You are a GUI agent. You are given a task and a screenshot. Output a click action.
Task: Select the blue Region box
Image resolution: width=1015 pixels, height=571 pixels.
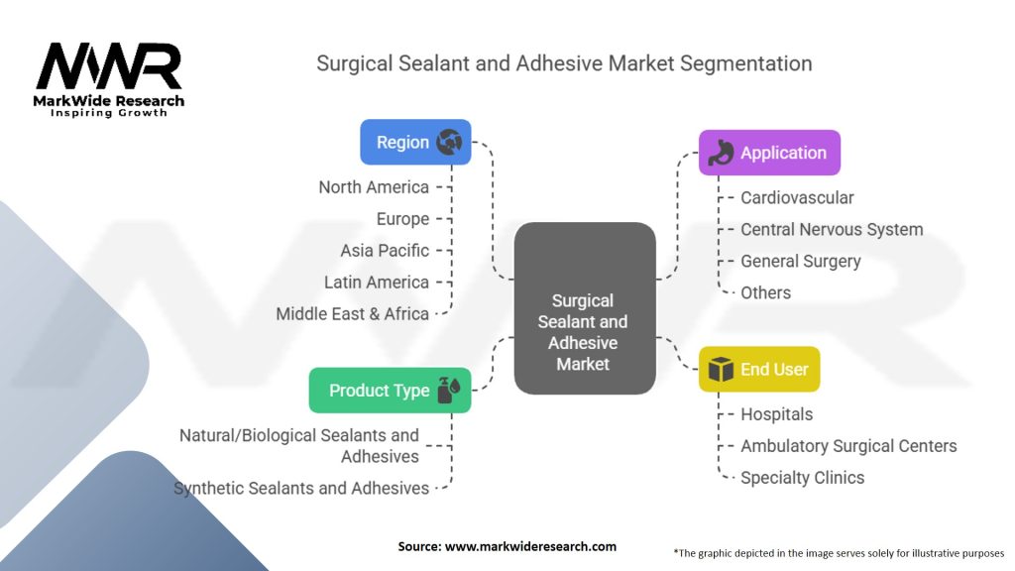pos(414,142)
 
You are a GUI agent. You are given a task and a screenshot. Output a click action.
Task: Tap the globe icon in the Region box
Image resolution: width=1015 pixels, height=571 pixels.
pos(449,142)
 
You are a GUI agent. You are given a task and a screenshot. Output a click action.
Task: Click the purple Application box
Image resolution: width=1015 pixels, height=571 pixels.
pos(769,153)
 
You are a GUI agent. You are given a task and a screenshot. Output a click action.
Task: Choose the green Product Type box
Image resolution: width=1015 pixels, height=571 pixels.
pos(390,390)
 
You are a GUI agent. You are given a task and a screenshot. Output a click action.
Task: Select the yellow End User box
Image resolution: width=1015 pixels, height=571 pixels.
pos(759,369)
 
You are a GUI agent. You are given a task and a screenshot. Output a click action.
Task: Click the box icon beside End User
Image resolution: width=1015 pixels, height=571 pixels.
pos(720,369)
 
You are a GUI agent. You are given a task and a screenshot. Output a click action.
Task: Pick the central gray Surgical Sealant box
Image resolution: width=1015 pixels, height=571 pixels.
pos(584,307)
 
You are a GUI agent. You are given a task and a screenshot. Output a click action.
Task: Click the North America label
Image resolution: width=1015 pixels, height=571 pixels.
pos(374,187)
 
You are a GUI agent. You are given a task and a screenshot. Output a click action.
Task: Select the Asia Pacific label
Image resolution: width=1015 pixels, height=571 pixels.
pos(385,251)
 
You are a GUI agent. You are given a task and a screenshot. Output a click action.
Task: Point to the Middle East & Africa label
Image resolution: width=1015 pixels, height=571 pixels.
pos(352,314)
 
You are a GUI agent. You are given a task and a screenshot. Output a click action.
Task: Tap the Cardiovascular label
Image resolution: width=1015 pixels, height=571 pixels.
pos(797,197)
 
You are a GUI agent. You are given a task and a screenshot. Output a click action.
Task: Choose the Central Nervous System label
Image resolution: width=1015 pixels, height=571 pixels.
pos(832,229)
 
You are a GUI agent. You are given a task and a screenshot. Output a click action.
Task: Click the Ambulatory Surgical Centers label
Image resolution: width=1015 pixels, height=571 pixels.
pos(848,446)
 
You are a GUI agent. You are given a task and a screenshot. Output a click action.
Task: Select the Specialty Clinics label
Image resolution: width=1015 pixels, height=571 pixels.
pos(802,478)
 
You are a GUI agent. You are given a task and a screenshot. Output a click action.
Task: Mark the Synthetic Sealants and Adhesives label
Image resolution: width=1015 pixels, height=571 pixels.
pos(301,488)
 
